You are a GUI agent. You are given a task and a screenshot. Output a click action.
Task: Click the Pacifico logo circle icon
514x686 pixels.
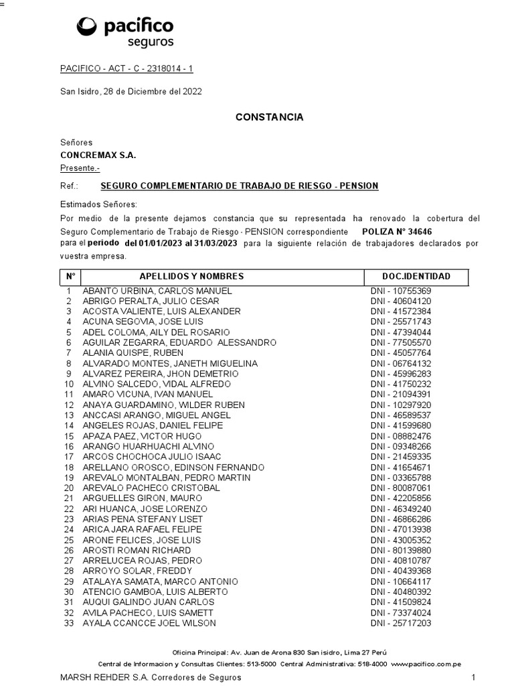coord(87,27)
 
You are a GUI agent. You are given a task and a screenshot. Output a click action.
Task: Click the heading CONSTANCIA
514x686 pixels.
coord(269,117)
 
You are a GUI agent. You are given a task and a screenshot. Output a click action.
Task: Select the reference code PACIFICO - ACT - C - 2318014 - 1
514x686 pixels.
coord(126,69)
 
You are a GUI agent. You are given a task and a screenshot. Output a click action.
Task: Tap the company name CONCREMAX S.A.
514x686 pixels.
coord(98,155)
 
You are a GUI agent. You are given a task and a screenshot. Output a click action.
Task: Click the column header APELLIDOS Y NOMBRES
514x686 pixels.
coord(191,276)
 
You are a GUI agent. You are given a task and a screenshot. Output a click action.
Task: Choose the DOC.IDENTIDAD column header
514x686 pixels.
coord(416,276)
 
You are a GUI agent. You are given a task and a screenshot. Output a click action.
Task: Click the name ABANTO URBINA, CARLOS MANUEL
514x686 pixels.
coord(157,291)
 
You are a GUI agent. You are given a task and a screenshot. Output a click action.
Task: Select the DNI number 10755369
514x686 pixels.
coord(401,291)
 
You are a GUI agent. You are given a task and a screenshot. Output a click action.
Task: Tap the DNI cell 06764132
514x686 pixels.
coord(401,363)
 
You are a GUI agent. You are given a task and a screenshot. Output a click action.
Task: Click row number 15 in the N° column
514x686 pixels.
coord(68,436)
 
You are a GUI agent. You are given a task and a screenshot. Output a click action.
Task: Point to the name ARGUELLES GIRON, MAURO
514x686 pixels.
coord(139,498)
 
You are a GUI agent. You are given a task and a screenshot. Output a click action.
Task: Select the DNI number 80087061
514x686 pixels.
coord(401,488)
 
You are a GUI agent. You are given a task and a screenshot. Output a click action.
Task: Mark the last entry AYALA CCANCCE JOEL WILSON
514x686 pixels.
coord(149,623)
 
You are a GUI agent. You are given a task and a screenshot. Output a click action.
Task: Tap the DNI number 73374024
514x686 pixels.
coord(401,612)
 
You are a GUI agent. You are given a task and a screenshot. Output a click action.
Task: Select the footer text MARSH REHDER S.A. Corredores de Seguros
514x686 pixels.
coord(151,677)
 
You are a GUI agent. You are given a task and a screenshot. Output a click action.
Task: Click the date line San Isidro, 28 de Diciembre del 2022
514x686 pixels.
coord(131,92)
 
